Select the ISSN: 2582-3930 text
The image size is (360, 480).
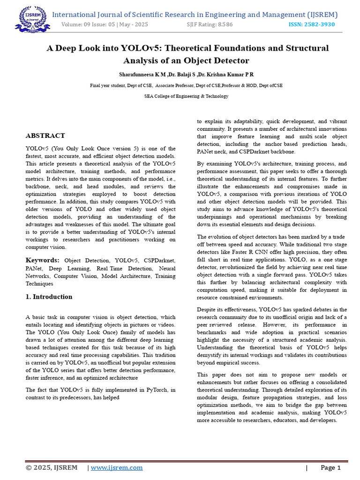(x=312, y=24)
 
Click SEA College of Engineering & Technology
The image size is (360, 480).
(x=186, y=96)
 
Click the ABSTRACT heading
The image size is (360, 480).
(x=45, y=136)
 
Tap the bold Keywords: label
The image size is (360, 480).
(x=43, y=260)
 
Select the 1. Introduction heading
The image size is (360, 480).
(x=49, y=297)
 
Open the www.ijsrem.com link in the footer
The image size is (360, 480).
(x=117, y=467)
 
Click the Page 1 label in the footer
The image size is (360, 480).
(x=330, y=467)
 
